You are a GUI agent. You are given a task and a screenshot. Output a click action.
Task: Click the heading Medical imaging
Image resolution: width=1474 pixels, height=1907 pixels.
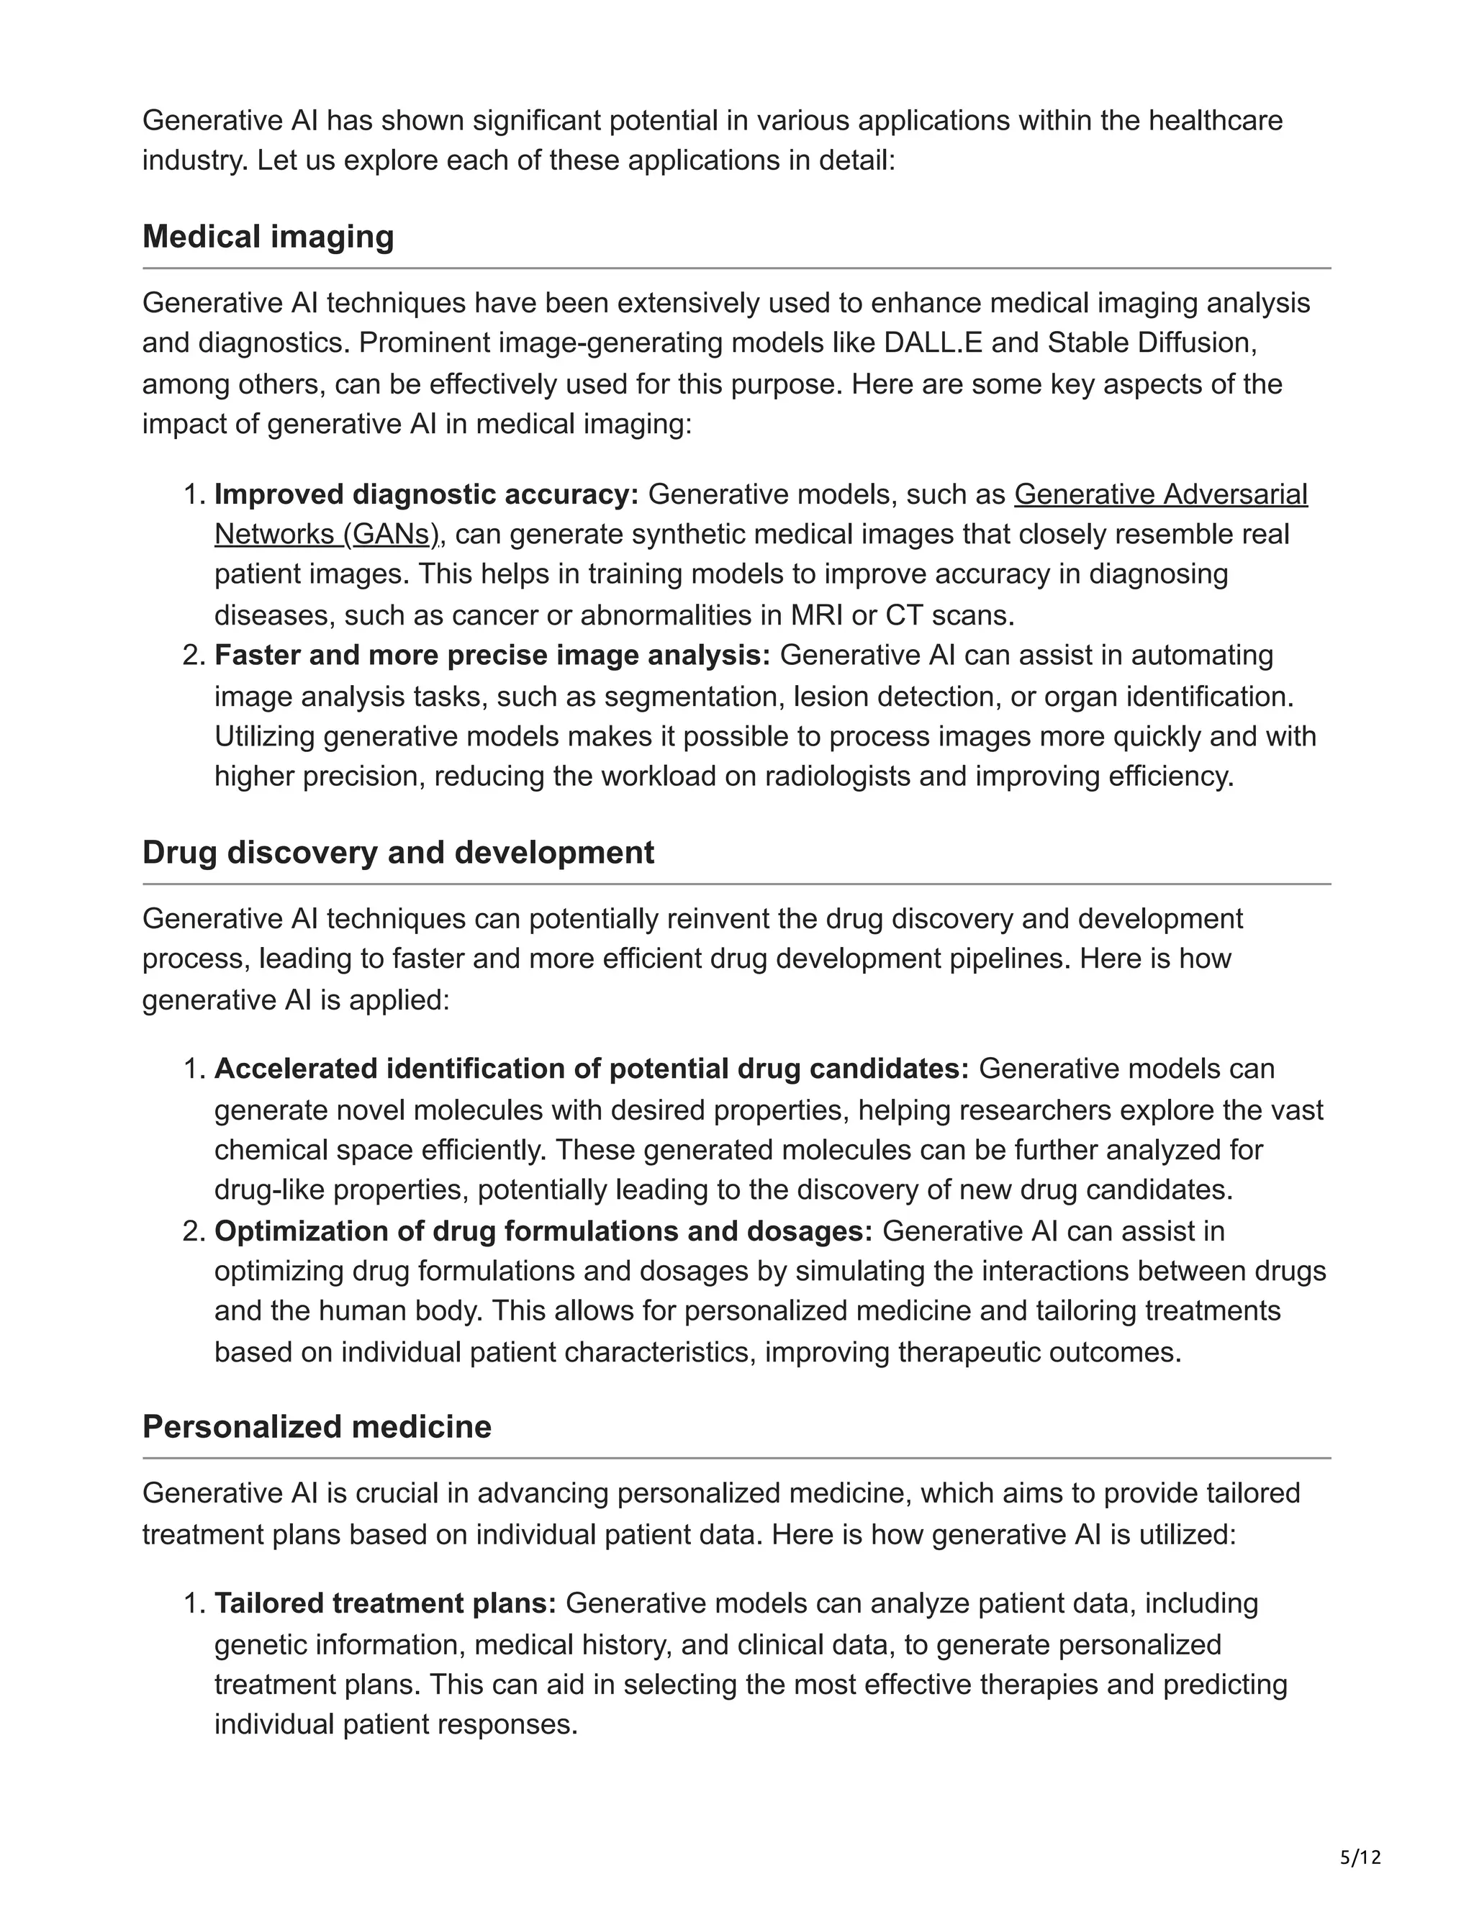(x=268, y=237)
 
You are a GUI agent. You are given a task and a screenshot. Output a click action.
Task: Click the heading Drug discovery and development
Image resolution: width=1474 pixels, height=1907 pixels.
(x=397, y=852)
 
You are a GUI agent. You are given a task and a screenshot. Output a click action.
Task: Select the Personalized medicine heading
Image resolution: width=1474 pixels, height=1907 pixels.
(x=316, y=1427)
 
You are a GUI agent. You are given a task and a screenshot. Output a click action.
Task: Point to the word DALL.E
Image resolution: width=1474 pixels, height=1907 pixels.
(x=933, y=343)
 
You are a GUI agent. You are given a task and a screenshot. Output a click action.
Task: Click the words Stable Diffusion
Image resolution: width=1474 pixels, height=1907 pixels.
(x=1150, y=343)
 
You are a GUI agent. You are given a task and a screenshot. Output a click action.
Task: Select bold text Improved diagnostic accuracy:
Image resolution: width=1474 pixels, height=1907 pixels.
(x=426, y=494)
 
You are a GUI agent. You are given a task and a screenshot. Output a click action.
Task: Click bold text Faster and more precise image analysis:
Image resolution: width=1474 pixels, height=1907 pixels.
(x=492, y=655)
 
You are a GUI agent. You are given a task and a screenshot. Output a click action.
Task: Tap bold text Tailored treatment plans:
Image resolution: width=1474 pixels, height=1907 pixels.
(x=385, y=1604)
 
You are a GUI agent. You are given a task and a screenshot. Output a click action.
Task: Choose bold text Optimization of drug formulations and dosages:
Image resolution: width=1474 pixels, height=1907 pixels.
(x=543, y=1231)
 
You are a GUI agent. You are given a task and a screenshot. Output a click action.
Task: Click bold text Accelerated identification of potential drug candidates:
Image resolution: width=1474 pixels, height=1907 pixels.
(x=591, y=1069)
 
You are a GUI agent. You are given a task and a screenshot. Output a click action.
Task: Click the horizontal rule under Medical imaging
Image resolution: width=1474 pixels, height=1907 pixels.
(x=736, y=268)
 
